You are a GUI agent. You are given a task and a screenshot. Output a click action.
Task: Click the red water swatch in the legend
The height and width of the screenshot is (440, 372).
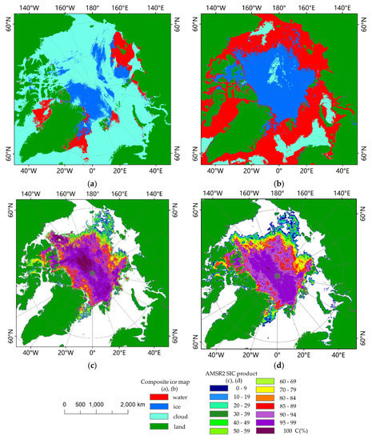(x=174, y=394)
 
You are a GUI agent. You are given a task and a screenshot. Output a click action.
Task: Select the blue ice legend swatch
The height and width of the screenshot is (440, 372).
(x=174, y=404)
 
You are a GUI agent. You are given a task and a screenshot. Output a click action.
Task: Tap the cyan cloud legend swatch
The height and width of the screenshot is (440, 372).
(x=174, y=415)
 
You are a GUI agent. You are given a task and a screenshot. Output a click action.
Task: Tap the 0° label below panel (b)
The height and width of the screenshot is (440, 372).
(x=278, y=171)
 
